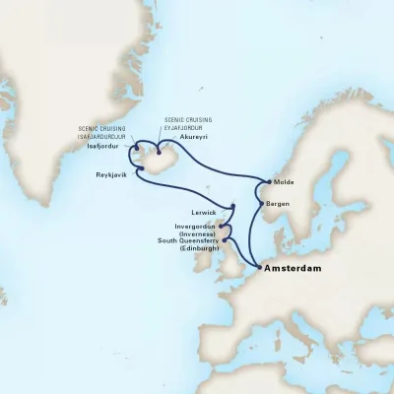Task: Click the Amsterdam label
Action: pyautogui.click(x=296, y=266)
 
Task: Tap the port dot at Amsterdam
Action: pyautogui.click(x=258, y=266)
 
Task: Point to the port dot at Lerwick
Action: pyautogui.click(x=232, y=208)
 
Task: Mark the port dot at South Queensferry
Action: pyautogui.click(x=226, y=239)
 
